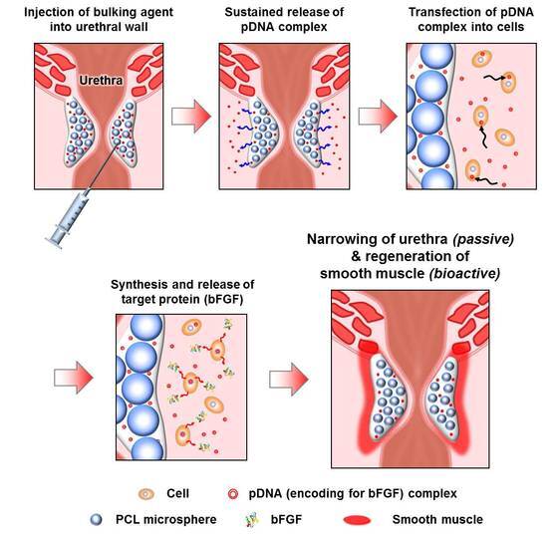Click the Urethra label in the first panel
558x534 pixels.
click(x=101, y=81)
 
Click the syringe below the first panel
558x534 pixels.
click(x=69, y=218)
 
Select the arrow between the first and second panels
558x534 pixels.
click(x=191, y=117)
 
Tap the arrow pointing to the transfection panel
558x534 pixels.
click(x=378, y=117)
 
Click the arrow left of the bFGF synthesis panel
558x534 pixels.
click(x=74, y=378)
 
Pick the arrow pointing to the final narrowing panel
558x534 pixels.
click(x=289, y=380)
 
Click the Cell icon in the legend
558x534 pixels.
click(x=146, y=494)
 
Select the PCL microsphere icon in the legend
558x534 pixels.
click(x=96, y=520)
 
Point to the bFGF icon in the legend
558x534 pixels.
click(x=251, y=520)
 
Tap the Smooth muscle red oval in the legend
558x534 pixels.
click(x=358, y=520)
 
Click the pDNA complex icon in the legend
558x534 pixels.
click(x=233, y=494)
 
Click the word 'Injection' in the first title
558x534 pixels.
click(x=46, y=12)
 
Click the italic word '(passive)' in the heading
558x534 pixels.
click(x=483, y=239)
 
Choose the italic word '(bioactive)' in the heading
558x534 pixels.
click(x=464, y=274)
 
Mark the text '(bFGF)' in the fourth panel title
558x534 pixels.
click(x=224, y=300)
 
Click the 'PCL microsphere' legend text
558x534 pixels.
click(x=165, y=520)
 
